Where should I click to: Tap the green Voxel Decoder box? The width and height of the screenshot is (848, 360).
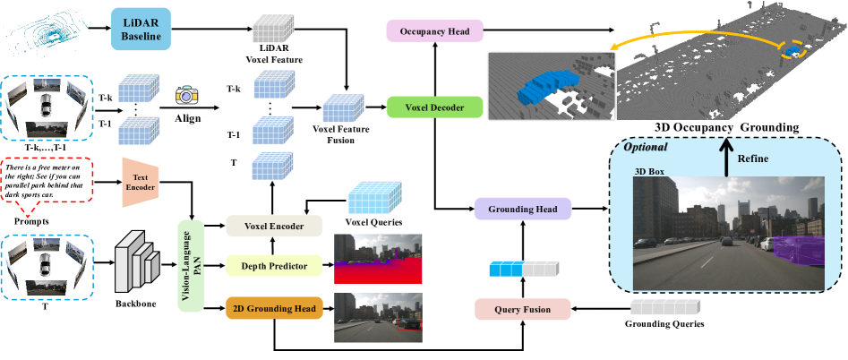[x=435, y=107]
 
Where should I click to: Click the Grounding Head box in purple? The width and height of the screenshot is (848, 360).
[x=524, y=210]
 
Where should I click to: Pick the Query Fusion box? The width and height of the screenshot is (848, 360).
[x=524, y=310]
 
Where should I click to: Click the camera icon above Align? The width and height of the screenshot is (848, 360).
[x=188, y=94]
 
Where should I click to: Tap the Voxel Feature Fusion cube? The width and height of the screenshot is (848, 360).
[x=340, y=110]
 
